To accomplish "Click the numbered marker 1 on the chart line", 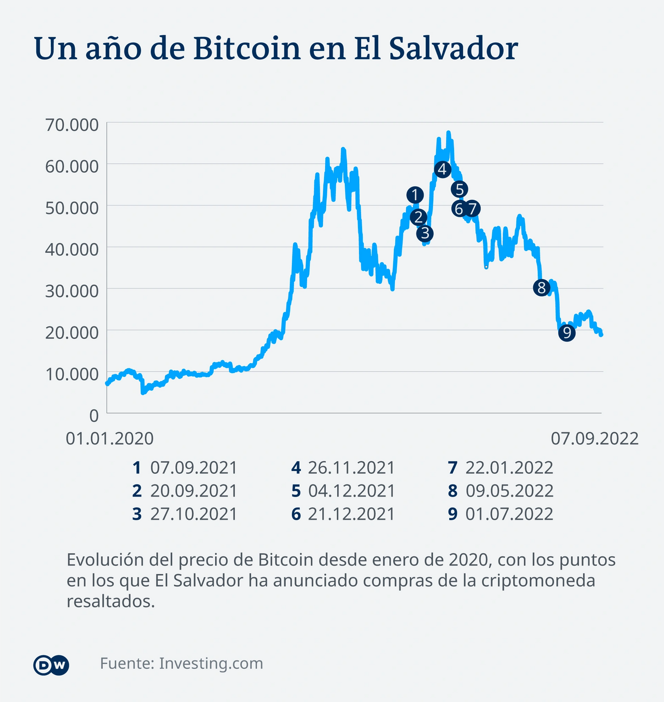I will pos(414,195).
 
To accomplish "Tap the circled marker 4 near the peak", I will pos(442,169).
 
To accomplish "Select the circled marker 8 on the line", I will pos(541,287).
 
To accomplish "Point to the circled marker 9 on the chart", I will pos(566,333).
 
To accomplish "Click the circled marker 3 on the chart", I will pos(425,233).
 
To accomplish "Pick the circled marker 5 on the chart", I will pos(459,189).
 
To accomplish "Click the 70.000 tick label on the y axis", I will pos(72,125).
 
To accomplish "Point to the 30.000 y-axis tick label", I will pos(72,291).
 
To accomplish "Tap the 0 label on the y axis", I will pos(93,415).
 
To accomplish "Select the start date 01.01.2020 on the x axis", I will pos(109,438).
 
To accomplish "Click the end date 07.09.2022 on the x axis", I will pos(594,438).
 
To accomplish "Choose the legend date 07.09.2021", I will pos(193,467).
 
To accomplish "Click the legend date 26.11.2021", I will pos(351,467).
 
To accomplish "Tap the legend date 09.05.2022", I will pos(509,491).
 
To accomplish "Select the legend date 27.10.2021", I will pos(193,514).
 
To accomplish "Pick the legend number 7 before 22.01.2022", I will pos(452,467).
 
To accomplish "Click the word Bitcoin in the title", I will pos(246,49).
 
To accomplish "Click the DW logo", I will pos(51,665).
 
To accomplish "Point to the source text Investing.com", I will pos(211,664).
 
